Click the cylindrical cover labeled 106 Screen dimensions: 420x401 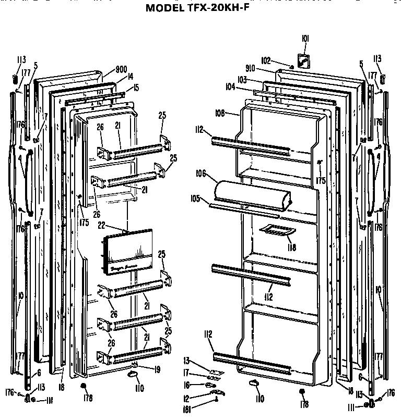[x=253, y=193]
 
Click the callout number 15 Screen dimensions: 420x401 [x=136, y=88]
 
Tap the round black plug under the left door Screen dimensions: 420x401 [x=83, y=386]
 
